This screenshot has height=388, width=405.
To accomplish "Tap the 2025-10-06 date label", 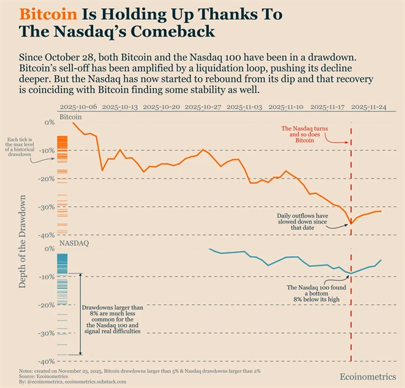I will point(79,108).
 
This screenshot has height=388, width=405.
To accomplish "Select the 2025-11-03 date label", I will point(244,108).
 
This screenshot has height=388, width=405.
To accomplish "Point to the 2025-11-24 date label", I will point(371,108).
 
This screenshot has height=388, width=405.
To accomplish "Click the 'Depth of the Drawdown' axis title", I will point(23,242).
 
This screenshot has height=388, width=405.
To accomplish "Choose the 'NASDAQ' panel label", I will point(74,243).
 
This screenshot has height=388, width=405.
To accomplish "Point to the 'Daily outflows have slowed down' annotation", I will point(302,220).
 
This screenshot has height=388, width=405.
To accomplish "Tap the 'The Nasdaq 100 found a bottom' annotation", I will point(315,294).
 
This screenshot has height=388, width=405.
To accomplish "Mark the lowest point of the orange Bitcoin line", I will point(351,223).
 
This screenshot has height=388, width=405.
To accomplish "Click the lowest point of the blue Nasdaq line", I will point(351,274).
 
